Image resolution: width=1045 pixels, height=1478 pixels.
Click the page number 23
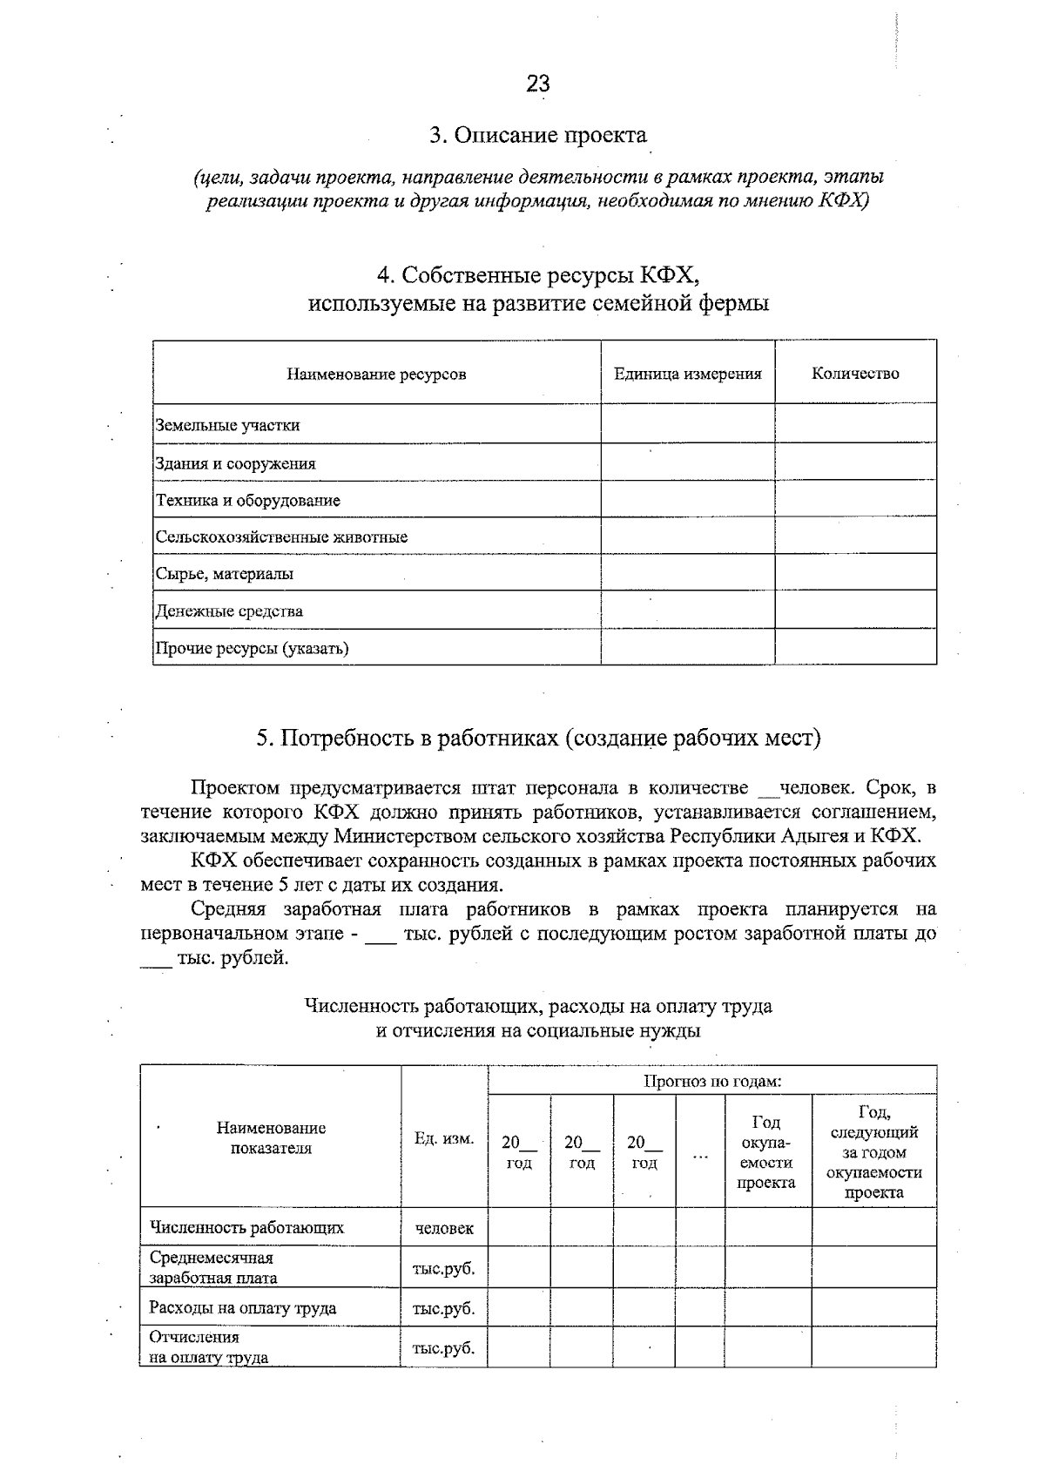click(537, 84)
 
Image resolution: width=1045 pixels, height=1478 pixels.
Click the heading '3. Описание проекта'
click(537, 136)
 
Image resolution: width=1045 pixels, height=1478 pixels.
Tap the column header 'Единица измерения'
click(687, 374)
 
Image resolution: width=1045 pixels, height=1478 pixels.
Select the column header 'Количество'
click(855, 374)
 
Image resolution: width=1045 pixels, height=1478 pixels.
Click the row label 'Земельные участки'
click(227, 426)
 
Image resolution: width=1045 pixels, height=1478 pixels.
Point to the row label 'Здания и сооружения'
click(235, 463)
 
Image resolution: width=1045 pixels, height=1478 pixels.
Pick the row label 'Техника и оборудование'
click(248, 501)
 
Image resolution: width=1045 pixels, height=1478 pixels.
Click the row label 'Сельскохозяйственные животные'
click(281, 537)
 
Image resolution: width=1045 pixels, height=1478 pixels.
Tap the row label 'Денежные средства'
click(229, 611)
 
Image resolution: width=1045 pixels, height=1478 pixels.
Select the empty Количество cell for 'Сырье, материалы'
click(855, 573)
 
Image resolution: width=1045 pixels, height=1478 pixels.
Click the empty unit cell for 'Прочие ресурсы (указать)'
click(687, 648)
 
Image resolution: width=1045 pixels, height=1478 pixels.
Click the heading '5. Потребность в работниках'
click(537, 739)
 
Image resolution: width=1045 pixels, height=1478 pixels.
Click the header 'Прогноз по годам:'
click(711, 1082)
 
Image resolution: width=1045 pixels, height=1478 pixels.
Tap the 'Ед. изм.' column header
click(444, 1138)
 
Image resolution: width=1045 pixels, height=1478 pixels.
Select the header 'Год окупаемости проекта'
click(767, 1151)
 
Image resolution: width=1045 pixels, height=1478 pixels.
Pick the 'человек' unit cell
click(444, 1228)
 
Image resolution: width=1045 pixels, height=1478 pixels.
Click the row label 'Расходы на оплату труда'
click(243, 1308)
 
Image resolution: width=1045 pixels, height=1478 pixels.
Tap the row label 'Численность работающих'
click(246, 1228)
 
